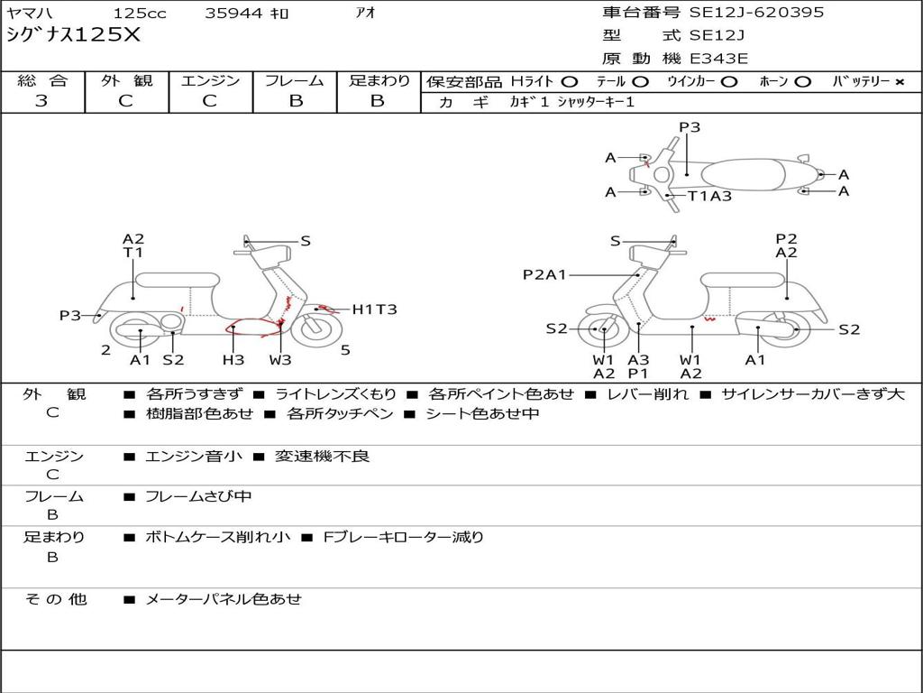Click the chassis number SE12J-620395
click(x=756, y=12)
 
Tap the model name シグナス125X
click(x=74, y=35)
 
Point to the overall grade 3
click(x=41, y=101)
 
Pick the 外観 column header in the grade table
click(x=126, y=80)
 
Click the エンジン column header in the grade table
click(x=210, y=80)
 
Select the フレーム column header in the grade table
click(x=295, y=80)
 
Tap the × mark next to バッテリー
click(x=900, y=82)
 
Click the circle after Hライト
click(x=570, y=82)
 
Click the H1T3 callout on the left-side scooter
click(x=374, y=310)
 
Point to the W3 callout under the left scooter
click(x=280, y=359)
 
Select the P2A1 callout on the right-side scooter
click(x=544, y=274)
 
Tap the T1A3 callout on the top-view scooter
click(x=710, y=196)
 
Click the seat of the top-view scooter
click(x=744, y=175)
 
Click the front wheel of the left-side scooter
click(x=317, y=328)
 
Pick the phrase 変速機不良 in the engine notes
click(x=322, y=456)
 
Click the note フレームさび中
click(x=198, y=497)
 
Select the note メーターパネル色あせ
click(x=224, y=599)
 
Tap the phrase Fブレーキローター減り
click(x=404, y=538)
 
